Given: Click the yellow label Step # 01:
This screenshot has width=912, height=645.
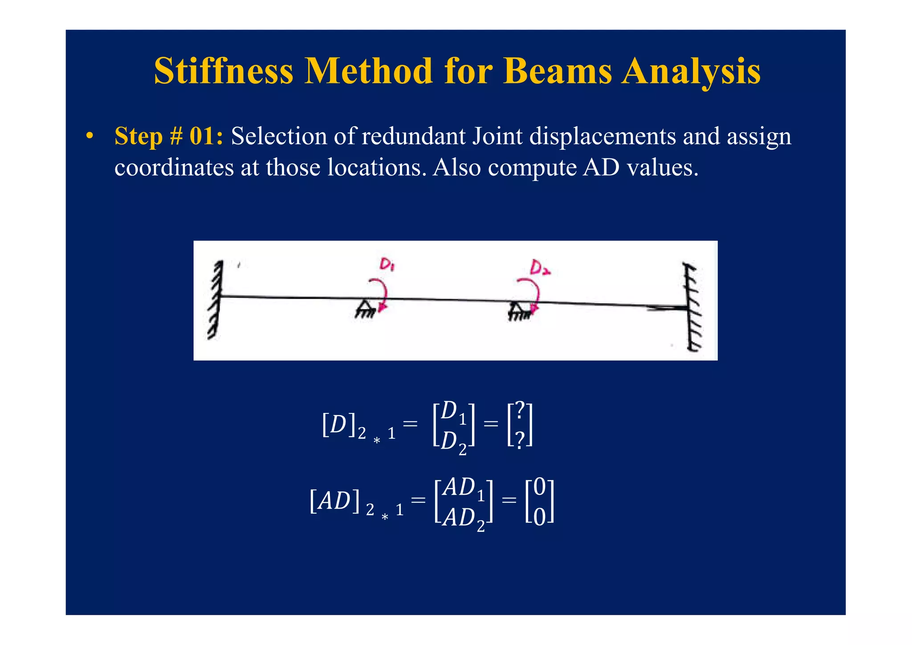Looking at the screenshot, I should pyautogui.click(x=169, y=136).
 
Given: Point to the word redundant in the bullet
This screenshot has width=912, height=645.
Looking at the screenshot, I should pyautogui.click(x=414, y=136).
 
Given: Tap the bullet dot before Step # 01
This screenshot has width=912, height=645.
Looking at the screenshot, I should pyautogui.click(x=90, y=136).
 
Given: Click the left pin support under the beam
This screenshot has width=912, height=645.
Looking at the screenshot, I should pyautogui.click(x=365, y=309).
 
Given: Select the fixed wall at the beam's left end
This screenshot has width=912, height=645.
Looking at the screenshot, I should pyautogui.click(x=216, y=299).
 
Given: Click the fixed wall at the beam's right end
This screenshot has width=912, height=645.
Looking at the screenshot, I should pyautogui.click(x=692, y=307).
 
